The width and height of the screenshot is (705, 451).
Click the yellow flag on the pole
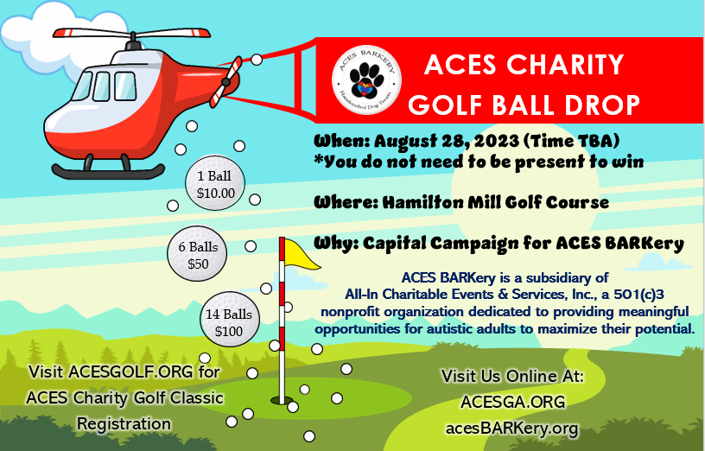tap(302, 253)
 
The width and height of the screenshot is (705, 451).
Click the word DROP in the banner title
tap(603, 105)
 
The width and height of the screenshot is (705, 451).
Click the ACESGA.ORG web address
tap(512, 402)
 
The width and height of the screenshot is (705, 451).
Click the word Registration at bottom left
tap(124, 423)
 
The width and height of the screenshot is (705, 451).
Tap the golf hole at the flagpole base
tap(282, 401)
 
